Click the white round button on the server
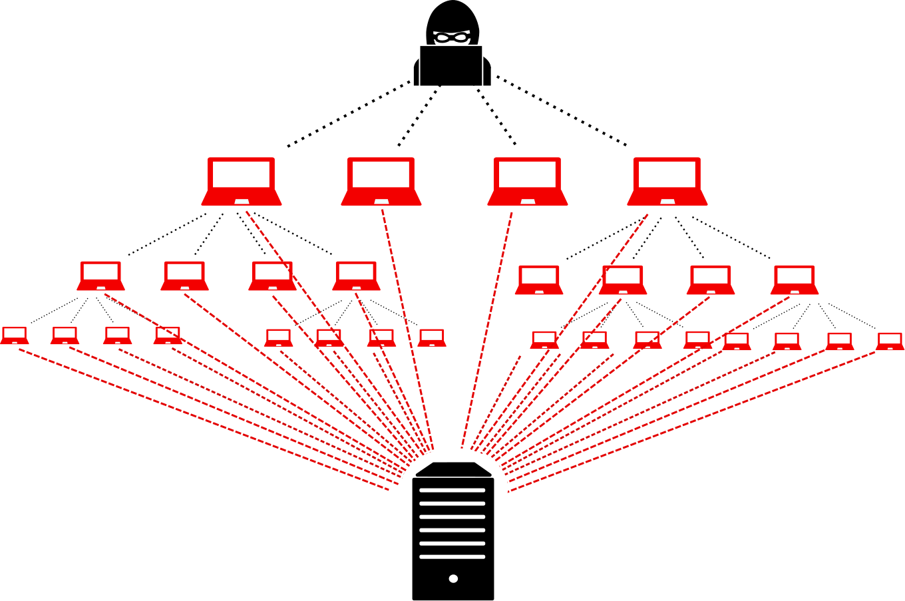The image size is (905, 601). click(x=453, y=578)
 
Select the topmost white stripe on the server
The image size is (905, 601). click(x=452, y=491)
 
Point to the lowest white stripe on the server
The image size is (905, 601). click(x=452, y=556)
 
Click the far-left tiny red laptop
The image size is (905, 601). click(x=14, y=335)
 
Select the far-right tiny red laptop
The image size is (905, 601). click(x=890, y=341)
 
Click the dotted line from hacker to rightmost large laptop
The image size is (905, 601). click(x=560, y=111)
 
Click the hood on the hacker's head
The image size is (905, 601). click(x=452, y=13)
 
